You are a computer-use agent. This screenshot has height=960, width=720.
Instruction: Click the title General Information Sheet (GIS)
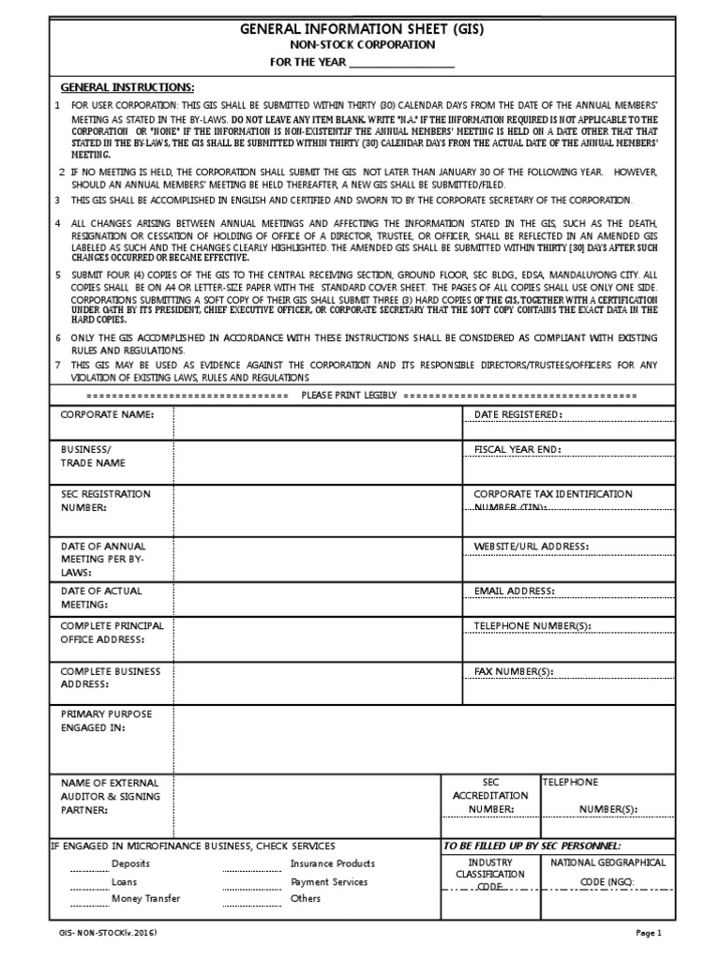360,29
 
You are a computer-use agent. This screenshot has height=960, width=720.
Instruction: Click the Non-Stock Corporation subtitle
360,45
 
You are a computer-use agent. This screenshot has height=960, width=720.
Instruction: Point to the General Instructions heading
127,86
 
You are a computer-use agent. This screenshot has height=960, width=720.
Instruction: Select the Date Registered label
518,414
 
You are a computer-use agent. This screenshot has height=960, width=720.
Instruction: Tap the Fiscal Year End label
517,450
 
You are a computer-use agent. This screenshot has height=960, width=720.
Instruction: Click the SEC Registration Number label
105,501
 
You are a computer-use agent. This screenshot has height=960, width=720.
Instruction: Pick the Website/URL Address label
531,546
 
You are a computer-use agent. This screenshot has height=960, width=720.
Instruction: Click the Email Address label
515,592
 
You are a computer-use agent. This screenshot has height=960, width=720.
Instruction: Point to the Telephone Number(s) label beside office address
532,625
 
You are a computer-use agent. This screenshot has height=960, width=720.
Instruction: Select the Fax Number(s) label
514,671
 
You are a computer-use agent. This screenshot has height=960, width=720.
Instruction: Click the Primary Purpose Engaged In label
106,721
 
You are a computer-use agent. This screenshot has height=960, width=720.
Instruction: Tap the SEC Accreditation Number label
491,795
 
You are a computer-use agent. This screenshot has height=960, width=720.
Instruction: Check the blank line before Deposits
89,868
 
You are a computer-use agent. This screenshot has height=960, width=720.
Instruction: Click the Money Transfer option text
145,898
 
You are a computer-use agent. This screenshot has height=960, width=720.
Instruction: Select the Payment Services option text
329,882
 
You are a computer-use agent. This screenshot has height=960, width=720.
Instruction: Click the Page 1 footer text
649,933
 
